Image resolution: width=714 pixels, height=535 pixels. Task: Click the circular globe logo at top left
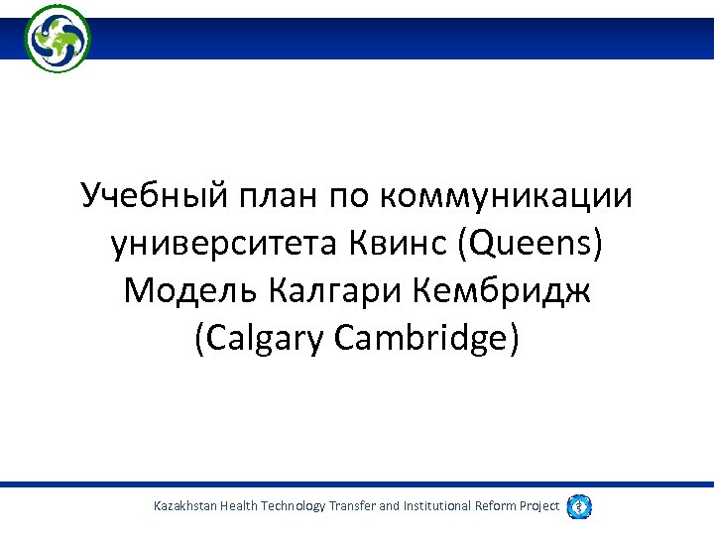coord(58,38)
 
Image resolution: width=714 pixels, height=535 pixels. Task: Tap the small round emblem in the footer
coord(578,506)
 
